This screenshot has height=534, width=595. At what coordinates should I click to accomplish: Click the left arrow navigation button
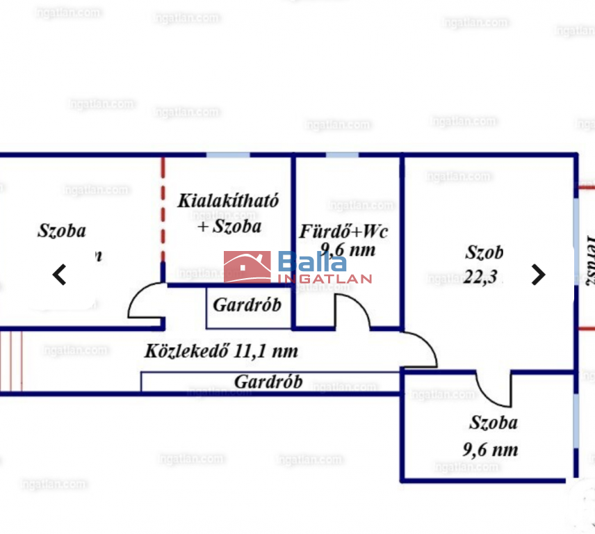coord(60,275)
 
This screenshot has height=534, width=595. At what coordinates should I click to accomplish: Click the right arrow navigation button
coord(538,275)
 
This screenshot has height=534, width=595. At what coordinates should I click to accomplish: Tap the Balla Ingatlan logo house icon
coord(247,267)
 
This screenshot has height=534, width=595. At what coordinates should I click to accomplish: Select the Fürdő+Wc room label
coord(343,231)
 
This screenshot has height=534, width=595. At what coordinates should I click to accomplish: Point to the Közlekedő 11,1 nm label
coord(221,351)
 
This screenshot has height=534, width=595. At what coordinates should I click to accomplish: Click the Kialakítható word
coord(228,202)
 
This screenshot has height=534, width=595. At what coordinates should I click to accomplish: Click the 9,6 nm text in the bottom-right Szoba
coord(490,449)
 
